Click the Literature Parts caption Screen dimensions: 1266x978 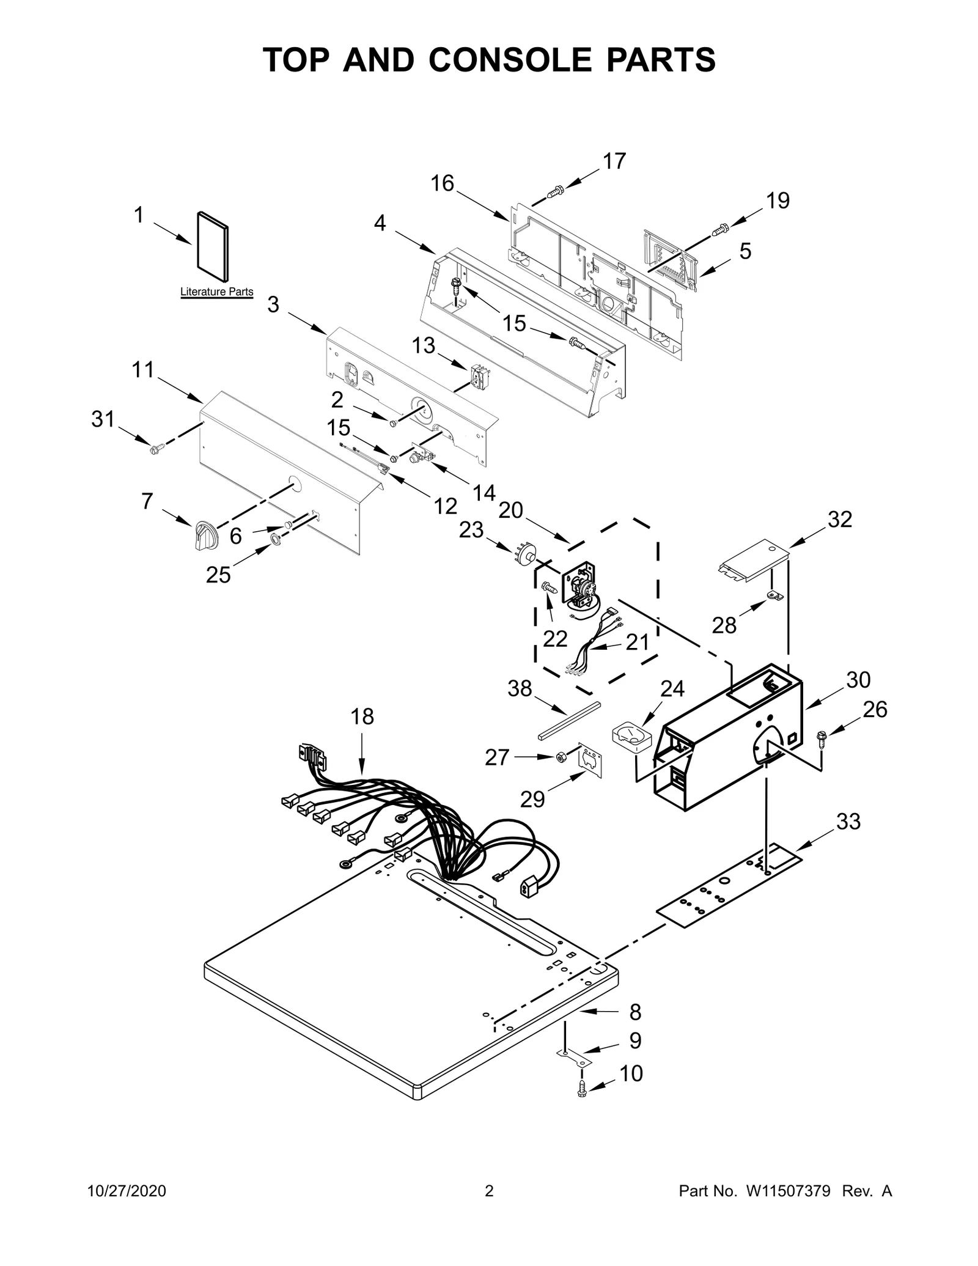(216, 292)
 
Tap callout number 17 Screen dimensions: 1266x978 (614, 161)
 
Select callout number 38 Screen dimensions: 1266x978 (520, 689)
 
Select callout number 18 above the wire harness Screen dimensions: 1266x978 (362, 716)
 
